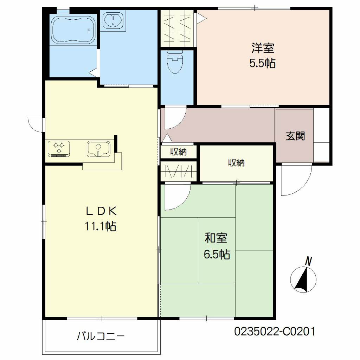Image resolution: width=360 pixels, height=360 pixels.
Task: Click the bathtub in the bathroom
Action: (73, 30)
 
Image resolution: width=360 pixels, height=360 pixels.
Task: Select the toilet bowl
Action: (175, 62)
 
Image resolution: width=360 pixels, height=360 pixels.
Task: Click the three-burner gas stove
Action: (59, 149)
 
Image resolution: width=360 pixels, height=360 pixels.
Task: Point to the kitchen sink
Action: (98, 149)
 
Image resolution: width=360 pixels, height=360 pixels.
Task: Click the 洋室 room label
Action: (263, 48)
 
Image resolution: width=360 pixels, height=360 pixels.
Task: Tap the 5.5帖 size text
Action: (263, 63)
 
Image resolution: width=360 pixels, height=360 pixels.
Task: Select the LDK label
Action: (101, 211)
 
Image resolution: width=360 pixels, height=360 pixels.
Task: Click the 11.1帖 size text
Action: (101, 226)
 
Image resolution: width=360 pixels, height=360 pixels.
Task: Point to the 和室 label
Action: (216, 238)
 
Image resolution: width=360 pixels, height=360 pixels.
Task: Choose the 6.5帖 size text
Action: (217, 254)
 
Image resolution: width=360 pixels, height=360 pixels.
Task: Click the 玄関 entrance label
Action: (295, 136)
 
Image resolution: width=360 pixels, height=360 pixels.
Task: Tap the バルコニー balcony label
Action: (101, 336)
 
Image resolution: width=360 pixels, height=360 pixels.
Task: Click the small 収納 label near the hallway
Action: (178, 152)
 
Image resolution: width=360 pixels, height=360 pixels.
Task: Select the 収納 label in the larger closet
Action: (236, 163)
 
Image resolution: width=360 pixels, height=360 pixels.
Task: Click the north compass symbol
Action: (303, 280)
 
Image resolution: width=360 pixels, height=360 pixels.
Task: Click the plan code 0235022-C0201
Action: (275, 332)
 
